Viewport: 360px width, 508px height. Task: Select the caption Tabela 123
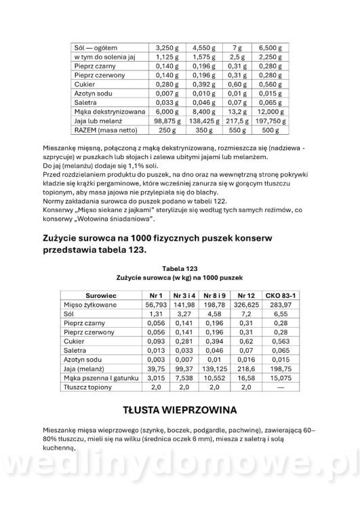click(180, 268)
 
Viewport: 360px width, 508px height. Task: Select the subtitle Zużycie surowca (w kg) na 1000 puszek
click(180, 277)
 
